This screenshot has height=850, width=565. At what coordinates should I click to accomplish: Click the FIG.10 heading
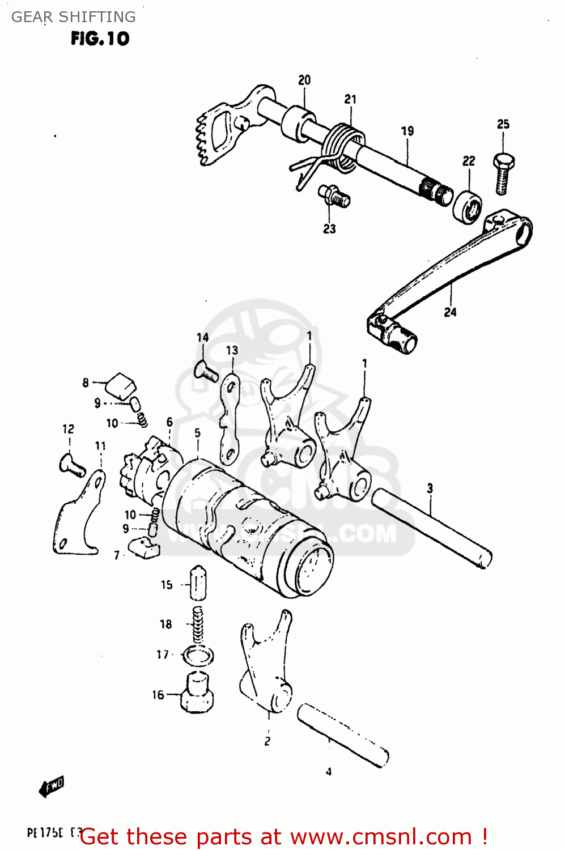tap(100, 39)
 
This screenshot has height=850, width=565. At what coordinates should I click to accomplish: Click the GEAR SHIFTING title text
tap(73, 17)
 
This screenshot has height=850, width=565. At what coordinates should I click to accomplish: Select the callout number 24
tap(450, 312)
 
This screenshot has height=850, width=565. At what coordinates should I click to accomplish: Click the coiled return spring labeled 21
tap(344, 147)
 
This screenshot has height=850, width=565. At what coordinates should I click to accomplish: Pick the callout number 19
tap(407, 131)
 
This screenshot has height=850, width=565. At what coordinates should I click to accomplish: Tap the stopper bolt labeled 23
tap(334, 196)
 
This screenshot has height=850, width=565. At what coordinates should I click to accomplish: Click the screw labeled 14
tap(206, 372)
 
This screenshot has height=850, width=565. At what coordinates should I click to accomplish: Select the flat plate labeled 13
tap(230, 419)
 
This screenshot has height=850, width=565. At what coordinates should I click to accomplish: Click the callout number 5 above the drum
tap(197, 433)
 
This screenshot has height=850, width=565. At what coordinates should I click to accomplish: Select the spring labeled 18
tap(197, 624)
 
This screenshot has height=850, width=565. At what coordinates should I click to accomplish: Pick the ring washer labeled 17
tap(197, 656)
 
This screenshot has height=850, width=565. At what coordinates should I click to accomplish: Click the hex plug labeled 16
tap(197, 692)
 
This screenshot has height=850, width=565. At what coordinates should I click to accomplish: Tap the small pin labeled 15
tap(197, 583)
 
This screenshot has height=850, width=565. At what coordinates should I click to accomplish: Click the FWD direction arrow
tap(52, 786)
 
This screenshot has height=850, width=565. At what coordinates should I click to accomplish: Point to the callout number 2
tap(267, 741)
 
